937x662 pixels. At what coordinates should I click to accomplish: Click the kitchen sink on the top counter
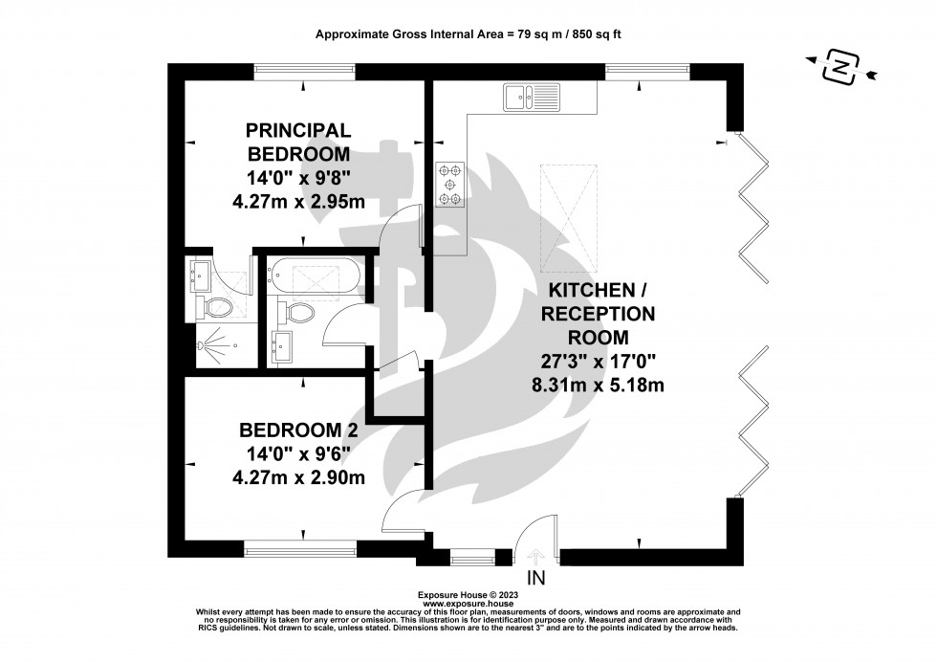coord(532,96)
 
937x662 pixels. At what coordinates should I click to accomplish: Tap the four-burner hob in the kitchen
coord(449,184)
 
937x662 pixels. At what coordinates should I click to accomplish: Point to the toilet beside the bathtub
coord(298,312)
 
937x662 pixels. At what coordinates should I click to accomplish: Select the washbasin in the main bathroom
coord(282,346)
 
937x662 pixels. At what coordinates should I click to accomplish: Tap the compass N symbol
coord(839,68)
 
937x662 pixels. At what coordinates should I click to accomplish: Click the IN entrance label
coord(536,578)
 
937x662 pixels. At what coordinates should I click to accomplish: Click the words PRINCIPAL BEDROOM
coord(298,142)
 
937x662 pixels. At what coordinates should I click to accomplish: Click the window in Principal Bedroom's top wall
coord(304,72)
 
